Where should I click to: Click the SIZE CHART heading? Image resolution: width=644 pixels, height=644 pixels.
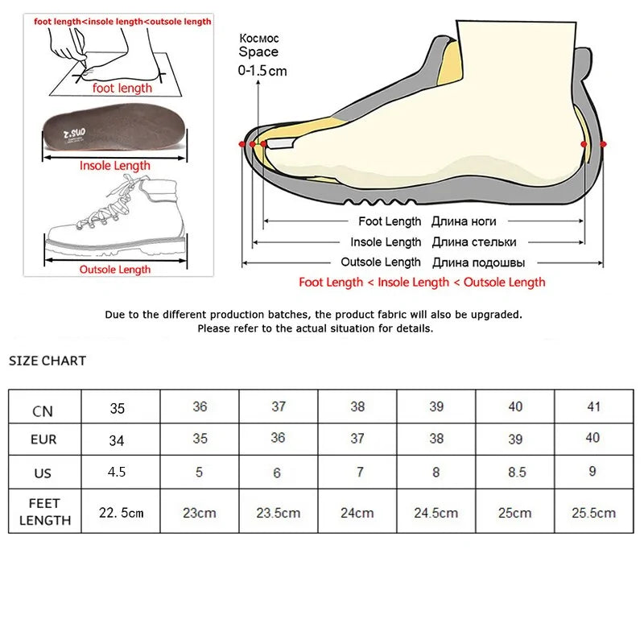47,361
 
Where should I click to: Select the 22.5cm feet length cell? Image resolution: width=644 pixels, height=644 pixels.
121,512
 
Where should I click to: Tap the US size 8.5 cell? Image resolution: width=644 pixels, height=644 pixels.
515,472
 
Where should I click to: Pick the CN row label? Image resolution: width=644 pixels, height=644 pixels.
43,411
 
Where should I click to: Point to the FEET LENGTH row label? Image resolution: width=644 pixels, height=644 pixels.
44,512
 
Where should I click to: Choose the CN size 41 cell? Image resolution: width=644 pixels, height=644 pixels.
593,407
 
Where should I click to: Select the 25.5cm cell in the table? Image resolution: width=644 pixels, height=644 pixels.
593,512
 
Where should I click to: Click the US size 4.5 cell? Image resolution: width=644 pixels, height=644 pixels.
117,472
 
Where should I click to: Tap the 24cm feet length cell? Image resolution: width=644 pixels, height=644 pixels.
357,512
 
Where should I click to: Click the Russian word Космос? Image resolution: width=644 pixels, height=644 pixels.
258,39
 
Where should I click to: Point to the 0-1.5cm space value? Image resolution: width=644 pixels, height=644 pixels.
262,71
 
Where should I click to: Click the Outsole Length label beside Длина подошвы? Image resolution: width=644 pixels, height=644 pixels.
381,262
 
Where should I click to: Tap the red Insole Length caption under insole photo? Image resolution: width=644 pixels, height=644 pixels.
114,166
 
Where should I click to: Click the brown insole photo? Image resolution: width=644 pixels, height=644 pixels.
115,132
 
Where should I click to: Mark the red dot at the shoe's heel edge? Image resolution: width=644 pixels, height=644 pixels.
604,143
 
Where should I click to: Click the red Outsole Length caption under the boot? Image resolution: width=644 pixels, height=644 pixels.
114,270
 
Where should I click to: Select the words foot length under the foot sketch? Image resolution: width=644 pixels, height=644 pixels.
122,89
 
